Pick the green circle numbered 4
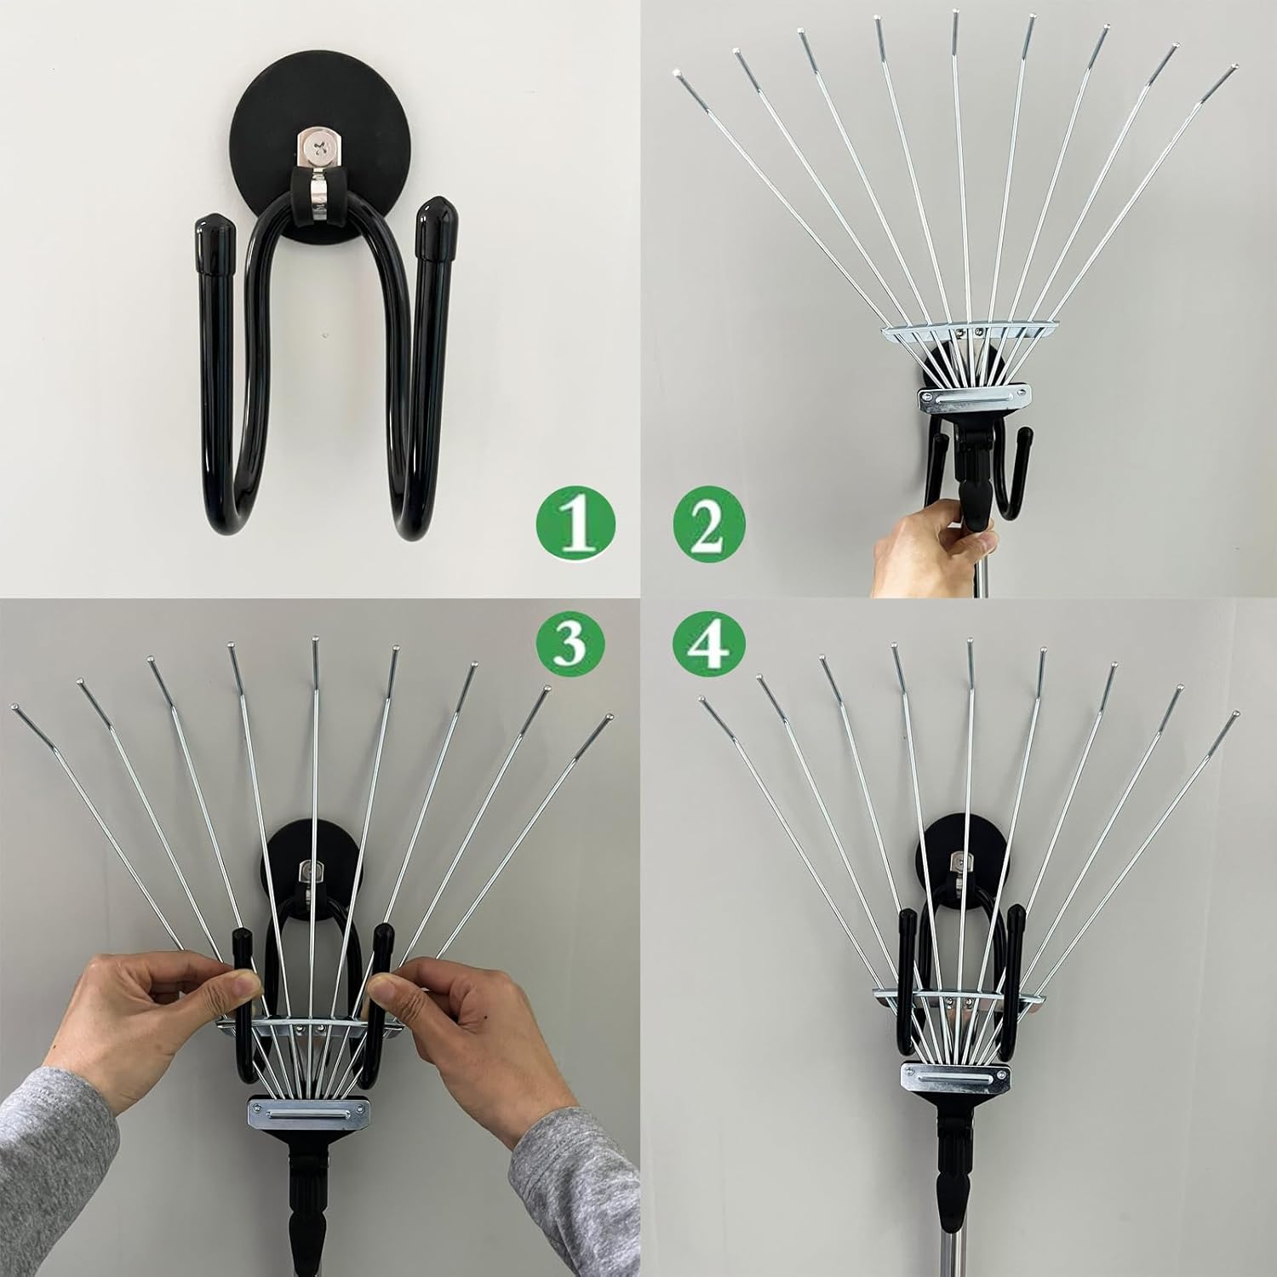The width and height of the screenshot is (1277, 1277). click(709, 648)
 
